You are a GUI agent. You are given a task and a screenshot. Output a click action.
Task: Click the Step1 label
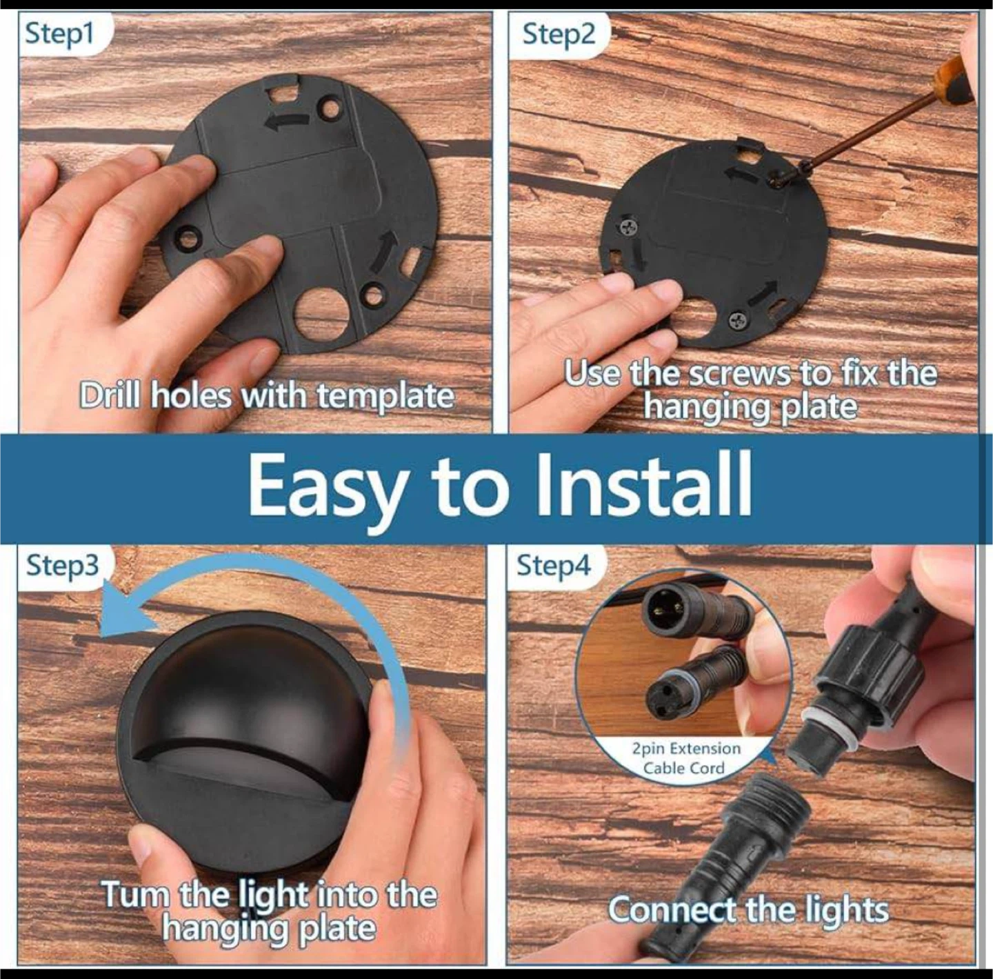coord(60,34)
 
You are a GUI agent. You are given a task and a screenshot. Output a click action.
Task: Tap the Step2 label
coord(559,34)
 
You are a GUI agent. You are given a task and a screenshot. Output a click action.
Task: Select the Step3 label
coord(62,565)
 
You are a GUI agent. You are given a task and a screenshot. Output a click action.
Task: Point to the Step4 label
coord(554,566)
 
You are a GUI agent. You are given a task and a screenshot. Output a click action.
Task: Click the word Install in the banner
coord(643,486)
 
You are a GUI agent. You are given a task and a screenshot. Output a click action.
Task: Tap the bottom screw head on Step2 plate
coord(738,321)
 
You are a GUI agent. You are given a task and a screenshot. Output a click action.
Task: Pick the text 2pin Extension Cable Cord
coord(686,758)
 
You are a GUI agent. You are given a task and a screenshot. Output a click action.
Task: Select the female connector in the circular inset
coord(690,680)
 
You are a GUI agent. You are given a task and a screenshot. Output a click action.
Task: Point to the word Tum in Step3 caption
coord(136,893)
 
